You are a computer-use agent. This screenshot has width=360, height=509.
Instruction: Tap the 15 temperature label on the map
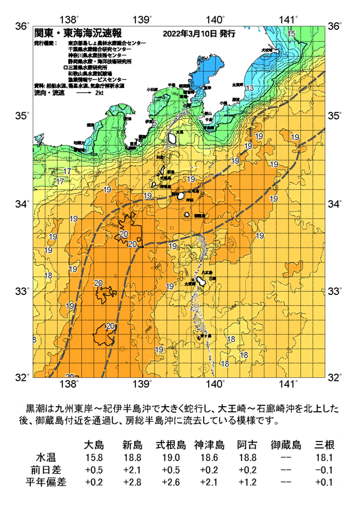(292, 34)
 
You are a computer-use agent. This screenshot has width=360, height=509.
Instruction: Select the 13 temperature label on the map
(249, 89)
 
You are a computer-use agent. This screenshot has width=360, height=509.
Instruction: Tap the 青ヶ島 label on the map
(204, 335)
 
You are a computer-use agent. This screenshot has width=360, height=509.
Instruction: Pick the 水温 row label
(45, 458)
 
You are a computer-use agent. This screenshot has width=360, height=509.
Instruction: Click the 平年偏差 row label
(45, 482)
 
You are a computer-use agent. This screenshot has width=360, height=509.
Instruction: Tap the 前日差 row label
(45, 470)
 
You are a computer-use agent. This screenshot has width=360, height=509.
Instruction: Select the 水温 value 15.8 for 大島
(94, 458)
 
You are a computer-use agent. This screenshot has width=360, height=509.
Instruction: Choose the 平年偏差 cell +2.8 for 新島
(132, 482)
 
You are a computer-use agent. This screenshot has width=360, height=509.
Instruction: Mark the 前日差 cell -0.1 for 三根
(325, 470)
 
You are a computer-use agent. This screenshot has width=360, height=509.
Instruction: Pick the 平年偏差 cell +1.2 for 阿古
(247, 482)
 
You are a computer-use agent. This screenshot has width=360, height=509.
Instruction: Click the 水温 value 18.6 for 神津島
(209, 458)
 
